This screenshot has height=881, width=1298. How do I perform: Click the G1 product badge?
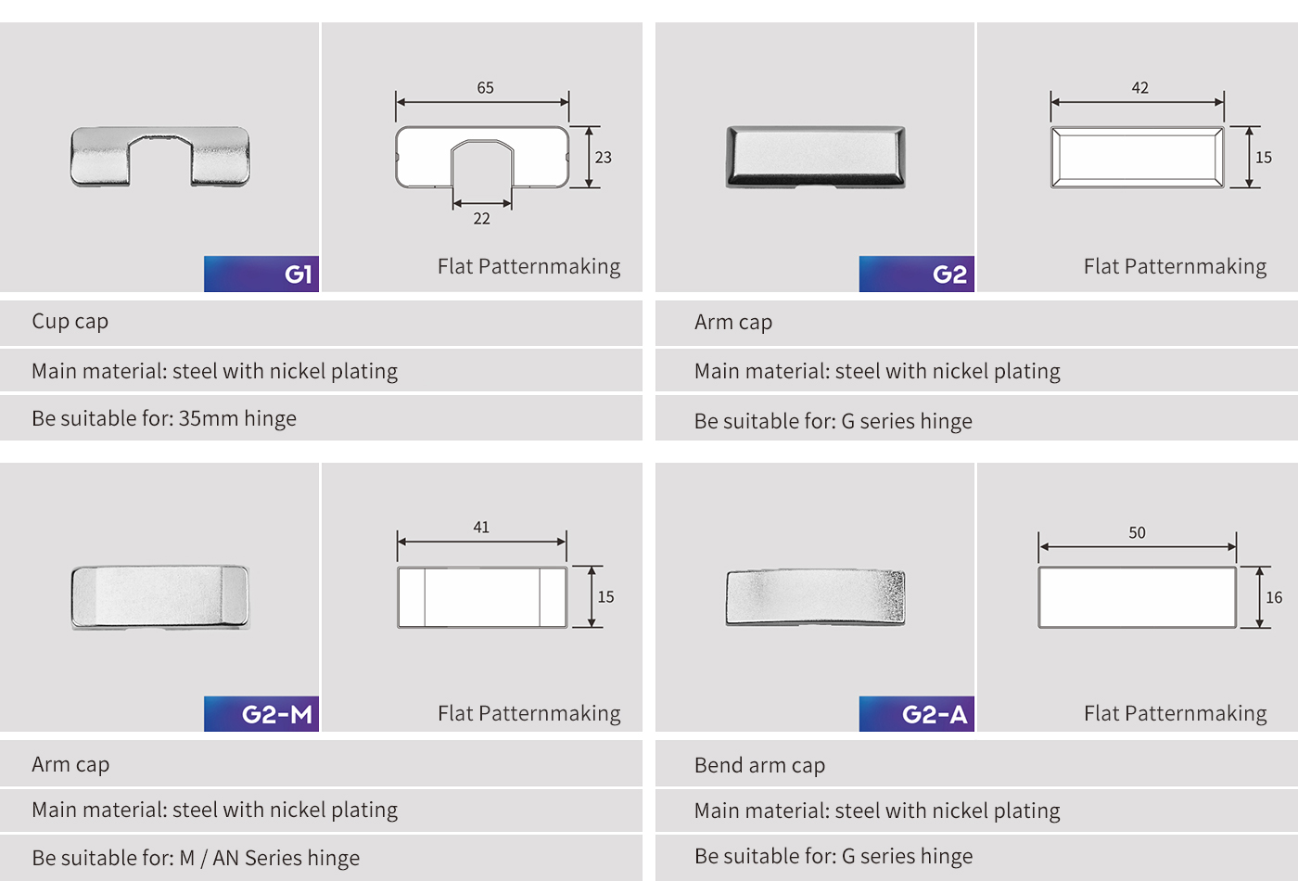coord(261,274)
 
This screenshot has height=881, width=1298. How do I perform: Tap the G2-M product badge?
coord(261,713)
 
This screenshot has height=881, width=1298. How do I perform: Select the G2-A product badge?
coord(917,713)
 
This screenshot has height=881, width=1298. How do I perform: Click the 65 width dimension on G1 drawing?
coord(485,87)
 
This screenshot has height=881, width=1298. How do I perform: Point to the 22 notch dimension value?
coord(481,219)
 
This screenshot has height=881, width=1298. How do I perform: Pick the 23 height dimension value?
coord(604,157)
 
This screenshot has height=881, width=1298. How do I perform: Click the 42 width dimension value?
coord(1139,87)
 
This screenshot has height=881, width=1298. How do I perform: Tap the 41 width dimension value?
coord(481,527)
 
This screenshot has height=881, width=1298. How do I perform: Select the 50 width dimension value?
coord(1137,532)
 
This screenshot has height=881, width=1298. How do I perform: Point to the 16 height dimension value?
coord(1274,597)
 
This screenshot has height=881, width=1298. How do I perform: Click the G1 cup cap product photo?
coord(159,157)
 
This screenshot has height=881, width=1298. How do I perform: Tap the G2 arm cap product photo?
coord(816,157)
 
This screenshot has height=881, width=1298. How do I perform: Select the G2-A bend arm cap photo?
coord(815,597)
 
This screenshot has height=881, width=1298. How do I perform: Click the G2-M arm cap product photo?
coord(159,597)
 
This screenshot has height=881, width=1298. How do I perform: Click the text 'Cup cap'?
coord(70,322)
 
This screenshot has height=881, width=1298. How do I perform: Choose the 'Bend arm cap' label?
coord(759,765)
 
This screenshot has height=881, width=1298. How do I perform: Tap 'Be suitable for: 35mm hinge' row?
coord(164,418)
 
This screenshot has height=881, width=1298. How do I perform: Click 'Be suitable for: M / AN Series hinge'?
coord(196,858)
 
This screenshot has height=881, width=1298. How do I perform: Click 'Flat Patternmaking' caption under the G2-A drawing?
coord(1176,713)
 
